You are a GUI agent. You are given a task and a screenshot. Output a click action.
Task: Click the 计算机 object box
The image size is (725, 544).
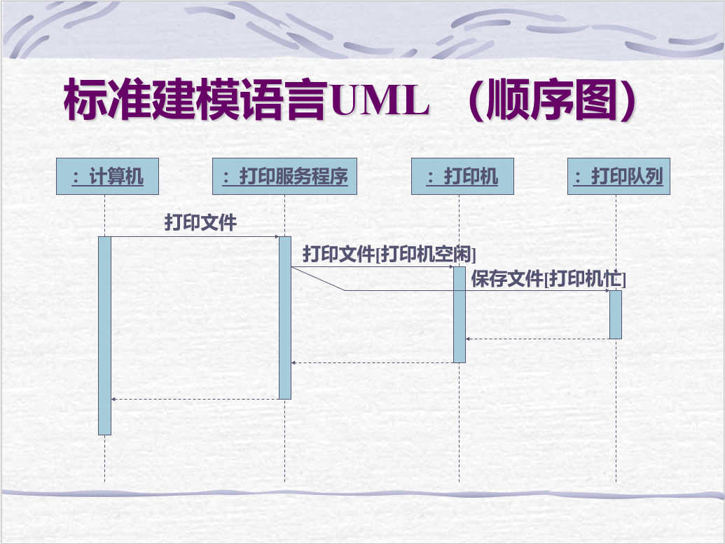[x=107, y=176]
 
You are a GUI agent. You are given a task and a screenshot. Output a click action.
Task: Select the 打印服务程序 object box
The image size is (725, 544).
[x=284, y=176]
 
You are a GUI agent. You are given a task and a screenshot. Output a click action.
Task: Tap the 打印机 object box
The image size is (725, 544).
[x=462, y=176]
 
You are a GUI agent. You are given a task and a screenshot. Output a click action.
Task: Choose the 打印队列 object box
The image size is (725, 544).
[x=619, y=176]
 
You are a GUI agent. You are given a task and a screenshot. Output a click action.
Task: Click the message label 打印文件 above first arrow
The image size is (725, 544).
[x=201, y=223]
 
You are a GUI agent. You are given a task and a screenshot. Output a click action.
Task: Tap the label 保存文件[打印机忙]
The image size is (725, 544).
[x=548, y=279]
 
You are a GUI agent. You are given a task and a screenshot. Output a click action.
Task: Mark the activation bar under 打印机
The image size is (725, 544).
[x=459, y=314]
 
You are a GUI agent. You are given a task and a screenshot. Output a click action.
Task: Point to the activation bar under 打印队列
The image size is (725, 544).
[x=615, y=314]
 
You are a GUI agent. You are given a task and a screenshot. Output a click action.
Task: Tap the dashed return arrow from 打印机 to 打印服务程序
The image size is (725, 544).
[x=372, y=362]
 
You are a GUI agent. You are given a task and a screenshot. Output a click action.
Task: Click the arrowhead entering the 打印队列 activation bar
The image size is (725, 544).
[x=606, y=290]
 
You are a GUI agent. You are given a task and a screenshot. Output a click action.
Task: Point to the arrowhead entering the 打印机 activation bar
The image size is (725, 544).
[x=450, y=266]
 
